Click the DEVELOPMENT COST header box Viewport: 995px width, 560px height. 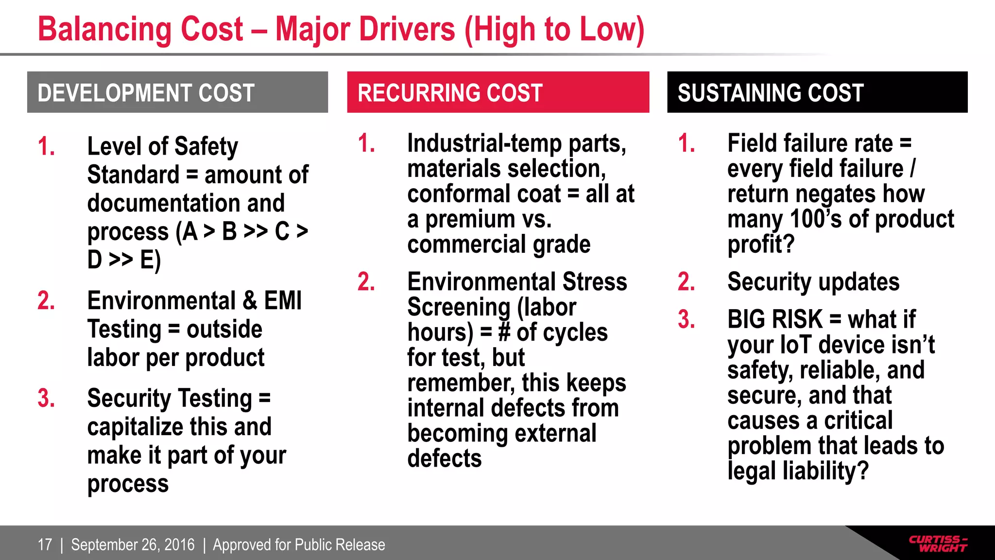(177, 92)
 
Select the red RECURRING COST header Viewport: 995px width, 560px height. (498, 92)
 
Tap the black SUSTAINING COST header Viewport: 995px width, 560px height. (817, 92)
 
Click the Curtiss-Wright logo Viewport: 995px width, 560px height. (938, 543)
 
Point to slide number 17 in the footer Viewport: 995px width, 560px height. (45, 544)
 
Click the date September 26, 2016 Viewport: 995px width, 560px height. (133, 544)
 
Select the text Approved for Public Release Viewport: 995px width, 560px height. (299, 544)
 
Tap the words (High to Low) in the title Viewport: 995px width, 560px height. (554, 30)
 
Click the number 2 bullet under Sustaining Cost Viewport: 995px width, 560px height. (686, 282)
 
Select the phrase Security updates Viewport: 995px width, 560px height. (813, 282)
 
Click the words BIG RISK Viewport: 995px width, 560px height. (774, 319)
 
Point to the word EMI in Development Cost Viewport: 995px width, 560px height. (283, 300)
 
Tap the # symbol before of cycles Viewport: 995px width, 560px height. (504, 332)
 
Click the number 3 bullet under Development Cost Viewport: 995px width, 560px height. (46, 398)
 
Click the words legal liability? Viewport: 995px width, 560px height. (798, 471)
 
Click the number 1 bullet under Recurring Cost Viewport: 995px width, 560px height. (366, 143)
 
